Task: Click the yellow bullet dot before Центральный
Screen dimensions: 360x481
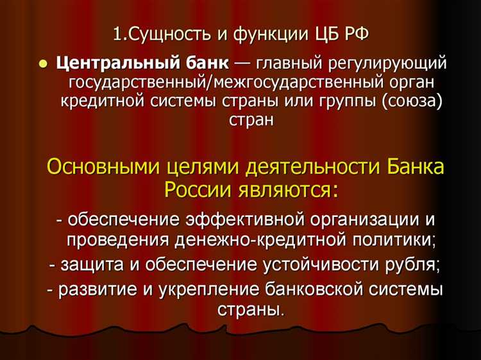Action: click(44, 65)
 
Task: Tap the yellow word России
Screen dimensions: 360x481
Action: click(193, 189)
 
